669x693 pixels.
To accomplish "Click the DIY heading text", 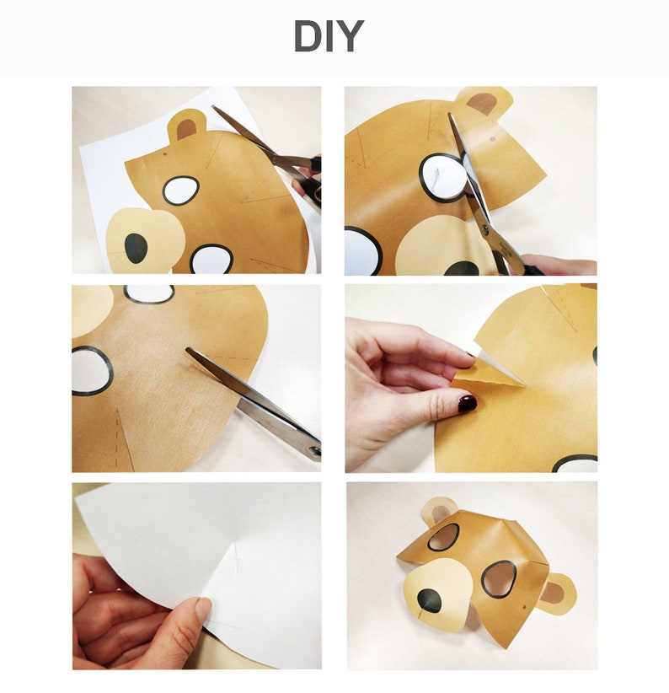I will (x=328, y=37).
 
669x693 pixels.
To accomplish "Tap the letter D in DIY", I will (x=309, y=37).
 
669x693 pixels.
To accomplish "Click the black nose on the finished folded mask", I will (x=429, y=599).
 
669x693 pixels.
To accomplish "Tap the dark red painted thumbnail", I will (x=467, y=403).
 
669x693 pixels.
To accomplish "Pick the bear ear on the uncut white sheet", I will (x=186, y=126).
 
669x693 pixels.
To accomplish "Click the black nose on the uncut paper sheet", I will (x=136, y=247).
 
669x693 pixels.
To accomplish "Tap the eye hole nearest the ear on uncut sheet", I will (x=180, y=191).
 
